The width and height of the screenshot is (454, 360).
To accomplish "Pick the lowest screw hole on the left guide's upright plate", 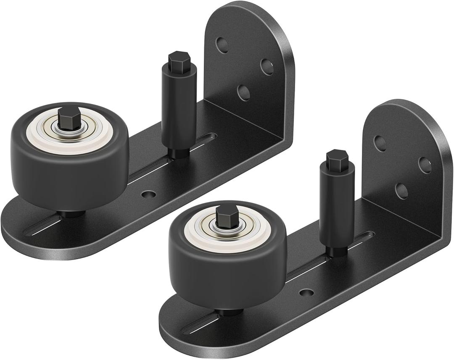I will click(243, 92).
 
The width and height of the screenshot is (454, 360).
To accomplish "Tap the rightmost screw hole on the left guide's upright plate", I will click(267, 66).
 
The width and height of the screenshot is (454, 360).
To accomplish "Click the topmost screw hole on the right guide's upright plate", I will click(380, 143).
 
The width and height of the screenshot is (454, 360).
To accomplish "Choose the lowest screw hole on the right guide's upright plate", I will click(402, 190).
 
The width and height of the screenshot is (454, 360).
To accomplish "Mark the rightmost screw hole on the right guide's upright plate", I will click(425, 165).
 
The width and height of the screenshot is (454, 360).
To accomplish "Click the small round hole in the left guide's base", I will click(148, 194).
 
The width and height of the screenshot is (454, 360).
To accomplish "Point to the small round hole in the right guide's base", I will click(306, 293).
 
